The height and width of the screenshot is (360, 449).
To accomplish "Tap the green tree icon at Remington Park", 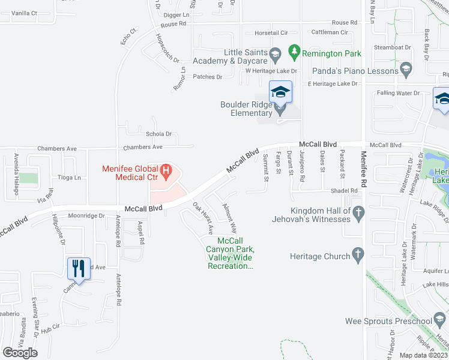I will pos(294,53).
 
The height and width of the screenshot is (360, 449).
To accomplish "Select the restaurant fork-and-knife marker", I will pos(79,268).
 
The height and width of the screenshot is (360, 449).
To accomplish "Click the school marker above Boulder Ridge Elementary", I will pos(280,92).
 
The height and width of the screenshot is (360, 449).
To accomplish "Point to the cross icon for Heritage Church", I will pos(359,256).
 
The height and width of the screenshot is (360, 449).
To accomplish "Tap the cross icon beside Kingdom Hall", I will pos(358,211).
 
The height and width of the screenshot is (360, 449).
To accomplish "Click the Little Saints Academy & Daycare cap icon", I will pos(276,56).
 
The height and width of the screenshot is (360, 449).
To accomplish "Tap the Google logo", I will pos(20,353).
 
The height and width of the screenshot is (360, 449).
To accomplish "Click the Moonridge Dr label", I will pos(86,215).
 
